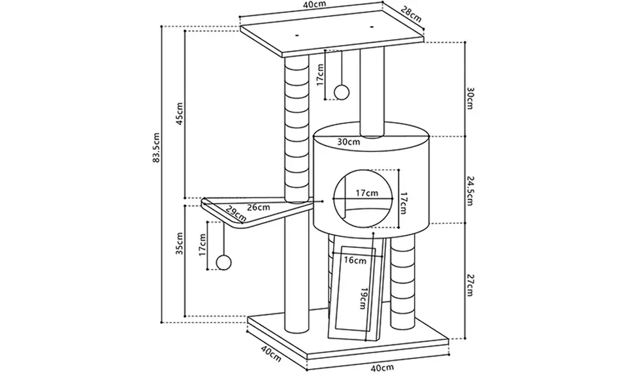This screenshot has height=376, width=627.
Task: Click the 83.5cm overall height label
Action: [x=156, y=148]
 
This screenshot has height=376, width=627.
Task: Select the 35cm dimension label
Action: [x=180, y=243]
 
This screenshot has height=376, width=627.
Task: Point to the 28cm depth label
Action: [x=411, y=14]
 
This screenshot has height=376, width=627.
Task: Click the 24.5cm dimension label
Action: [x=470, y=191]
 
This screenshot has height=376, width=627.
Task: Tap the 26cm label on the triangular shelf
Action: [x=259, y=208]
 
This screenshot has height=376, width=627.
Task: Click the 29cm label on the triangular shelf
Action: [x=236, y=213]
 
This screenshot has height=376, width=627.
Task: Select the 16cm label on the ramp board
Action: [x=355, y=260]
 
